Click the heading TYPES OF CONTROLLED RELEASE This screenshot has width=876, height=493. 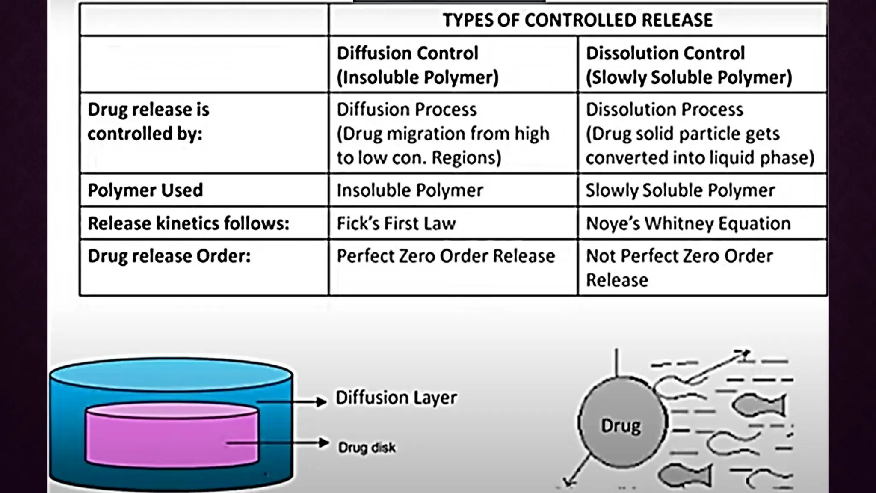pos(577,20)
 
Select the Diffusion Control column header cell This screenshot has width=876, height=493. pos(453,65)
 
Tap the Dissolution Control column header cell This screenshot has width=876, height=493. pos(701,65)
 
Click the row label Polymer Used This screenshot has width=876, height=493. pos(145,190)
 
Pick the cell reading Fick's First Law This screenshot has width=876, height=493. pos(396,223)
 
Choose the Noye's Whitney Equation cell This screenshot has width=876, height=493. pos(688,223)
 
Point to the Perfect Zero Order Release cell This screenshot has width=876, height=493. pos(446,256)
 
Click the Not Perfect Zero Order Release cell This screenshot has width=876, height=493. pos(679,267)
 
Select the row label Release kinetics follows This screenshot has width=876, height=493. pos(188,223)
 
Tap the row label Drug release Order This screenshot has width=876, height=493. pos(169,256)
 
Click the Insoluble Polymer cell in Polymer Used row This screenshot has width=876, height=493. pos(410,190)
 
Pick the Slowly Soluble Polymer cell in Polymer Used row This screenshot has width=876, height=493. pos(680,190)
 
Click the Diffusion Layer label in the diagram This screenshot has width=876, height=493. pos(396,398)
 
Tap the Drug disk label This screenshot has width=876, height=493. pos(367,448)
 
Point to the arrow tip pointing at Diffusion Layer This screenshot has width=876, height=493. pos(323,401)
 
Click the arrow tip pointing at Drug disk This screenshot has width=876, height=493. pos(325,443)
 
